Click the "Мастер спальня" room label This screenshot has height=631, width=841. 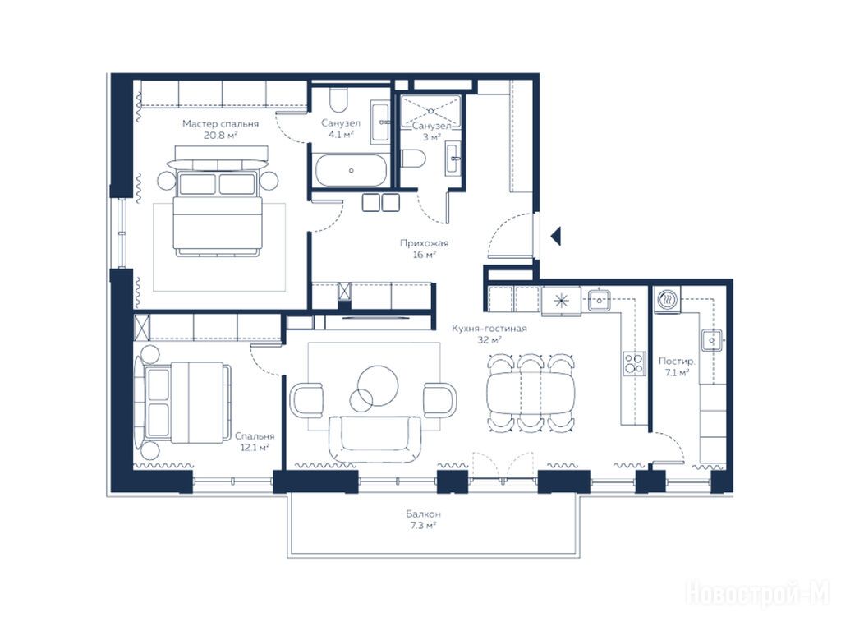pyautogui.click(x=220, y=124)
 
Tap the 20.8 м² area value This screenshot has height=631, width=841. pyautogui.click(x=220, y=136)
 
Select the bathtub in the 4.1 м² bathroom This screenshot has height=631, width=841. pyautogui.click(x=351, y=170)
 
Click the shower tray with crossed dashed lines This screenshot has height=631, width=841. pyautogui.click(x=430, y=111)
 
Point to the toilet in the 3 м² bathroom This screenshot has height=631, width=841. pyautogui.click(x=413, y=159)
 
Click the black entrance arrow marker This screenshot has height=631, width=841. pyautogui.click(x=556, y=236)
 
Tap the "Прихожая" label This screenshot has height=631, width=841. pyautogui.click(x=424, y=243)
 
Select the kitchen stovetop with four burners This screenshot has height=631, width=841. pyautogui.click(x=634, y=363)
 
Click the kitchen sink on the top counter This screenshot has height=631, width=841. pyautogui.click(x=599, y=299)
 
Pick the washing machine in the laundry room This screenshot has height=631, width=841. pyautogui.click(x=667, y=299)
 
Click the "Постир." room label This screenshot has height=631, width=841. pyautogui.click(x=677, y=362)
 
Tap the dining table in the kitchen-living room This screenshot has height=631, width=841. pyautogui.click(x=531, y=392)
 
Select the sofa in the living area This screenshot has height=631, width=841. pyautogui.click(x=375, y=439)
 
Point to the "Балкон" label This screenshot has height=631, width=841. pyautogui.click(x=423, y=514)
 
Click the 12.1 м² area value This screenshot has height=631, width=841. pyautogui.click(x=255, y=448)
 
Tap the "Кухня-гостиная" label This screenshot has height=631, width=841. pyautogui.click(x=489, y=329)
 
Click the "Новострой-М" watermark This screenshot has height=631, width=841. pyautogui.click(x=758, y=593)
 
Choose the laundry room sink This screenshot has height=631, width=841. pyautogui.click(x=711, y=340)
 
